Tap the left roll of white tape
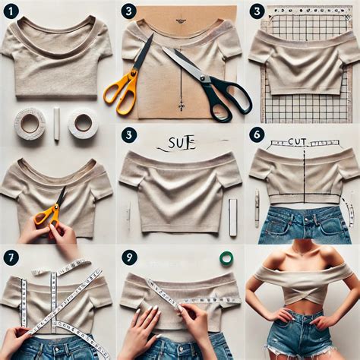click(x=30, y=123)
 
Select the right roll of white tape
click(x=83, y=122)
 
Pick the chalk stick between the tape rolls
click(x=56, y=123)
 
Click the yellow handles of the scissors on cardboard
click(x=122, y=87)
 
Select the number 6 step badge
click(x=257, y=134)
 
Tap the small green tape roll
click(x=226, y=257)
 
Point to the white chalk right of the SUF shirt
click(x=233, y=217)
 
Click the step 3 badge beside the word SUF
click(x=130, y=134)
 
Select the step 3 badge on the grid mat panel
click(x=257, y=11)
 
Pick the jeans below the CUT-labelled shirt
click(x=301, y=224)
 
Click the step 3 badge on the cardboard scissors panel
click(x=130, y=11)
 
